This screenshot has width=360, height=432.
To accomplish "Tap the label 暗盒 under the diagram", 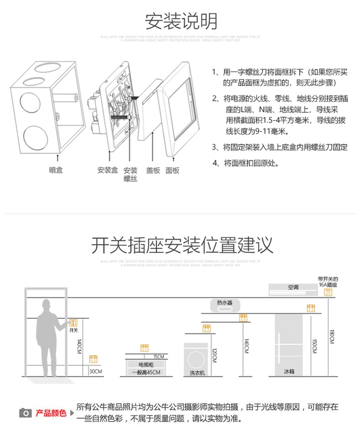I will point(56,171).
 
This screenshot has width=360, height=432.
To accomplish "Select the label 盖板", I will point(153,171).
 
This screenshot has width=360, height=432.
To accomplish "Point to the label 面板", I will point(172,171).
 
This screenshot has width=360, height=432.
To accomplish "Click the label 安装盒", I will point(108,171).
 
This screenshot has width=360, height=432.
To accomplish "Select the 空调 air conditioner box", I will point(293,288).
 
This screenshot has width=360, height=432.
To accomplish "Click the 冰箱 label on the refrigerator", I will point(289,372).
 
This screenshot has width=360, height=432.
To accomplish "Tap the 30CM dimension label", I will point(96,371).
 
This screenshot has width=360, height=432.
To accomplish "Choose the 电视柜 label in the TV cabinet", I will point(146,364).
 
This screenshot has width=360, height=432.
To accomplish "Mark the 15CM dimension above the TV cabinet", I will point(159,357).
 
